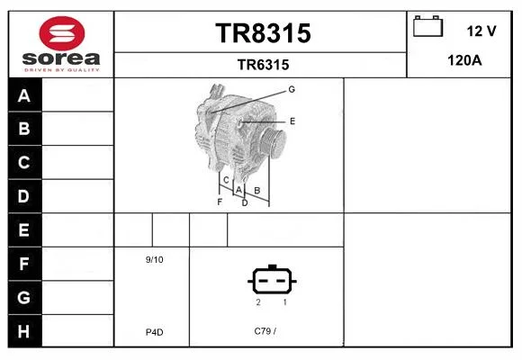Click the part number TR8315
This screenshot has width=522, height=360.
point(263,33)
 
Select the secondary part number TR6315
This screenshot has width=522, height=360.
point(263,65)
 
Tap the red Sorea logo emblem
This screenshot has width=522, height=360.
point(62,33)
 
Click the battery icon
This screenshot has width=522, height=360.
point(427,26)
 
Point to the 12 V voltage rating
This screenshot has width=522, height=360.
point(481,31)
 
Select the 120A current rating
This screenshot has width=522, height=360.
point(464,60)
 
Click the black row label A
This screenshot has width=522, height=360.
point(24,95)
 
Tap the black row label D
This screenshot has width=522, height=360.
point(24,196)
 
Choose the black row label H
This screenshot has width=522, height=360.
point(24,331)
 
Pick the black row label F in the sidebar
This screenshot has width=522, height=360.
point(24,264)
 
